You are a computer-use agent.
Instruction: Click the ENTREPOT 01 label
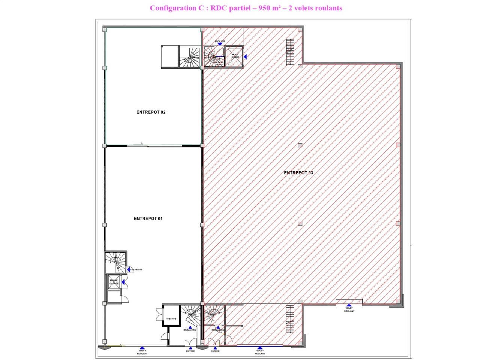pos(148,219)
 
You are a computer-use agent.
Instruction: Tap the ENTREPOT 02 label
pos(151,112)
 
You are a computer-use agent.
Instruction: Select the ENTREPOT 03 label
pos(298,173)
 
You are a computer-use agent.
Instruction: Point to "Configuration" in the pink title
pos(173,8)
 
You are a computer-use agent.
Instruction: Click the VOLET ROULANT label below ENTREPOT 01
pos(142,352)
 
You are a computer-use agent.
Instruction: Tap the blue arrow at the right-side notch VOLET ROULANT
pos(349,305)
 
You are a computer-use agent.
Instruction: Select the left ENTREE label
pos(190,351)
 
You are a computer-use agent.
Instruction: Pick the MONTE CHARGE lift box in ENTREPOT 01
pos(114,282)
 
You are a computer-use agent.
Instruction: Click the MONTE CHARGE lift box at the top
pos(235,57)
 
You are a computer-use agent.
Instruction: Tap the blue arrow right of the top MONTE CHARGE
pos(246,57)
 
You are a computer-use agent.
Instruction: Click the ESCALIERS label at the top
pos(220,41)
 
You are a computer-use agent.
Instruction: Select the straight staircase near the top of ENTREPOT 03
pos(290,52)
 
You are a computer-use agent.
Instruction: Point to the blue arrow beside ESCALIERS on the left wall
pos(129,269)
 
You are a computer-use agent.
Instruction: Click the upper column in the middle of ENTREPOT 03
pos(300,145)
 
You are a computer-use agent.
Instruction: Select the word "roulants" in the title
pos(328,8)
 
